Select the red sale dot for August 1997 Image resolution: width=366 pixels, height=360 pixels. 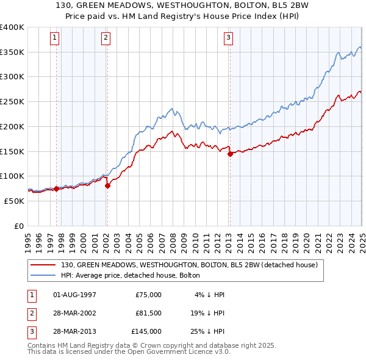[x=57, y=189]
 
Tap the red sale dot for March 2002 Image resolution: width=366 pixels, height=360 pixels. [x=107, y=185]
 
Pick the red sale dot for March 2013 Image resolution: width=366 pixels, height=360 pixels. [x=230, y=154]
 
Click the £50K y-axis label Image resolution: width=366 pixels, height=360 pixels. [x=14, y=201]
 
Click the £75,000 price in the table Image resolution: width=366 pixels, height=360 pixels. [x=148, y=295]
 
